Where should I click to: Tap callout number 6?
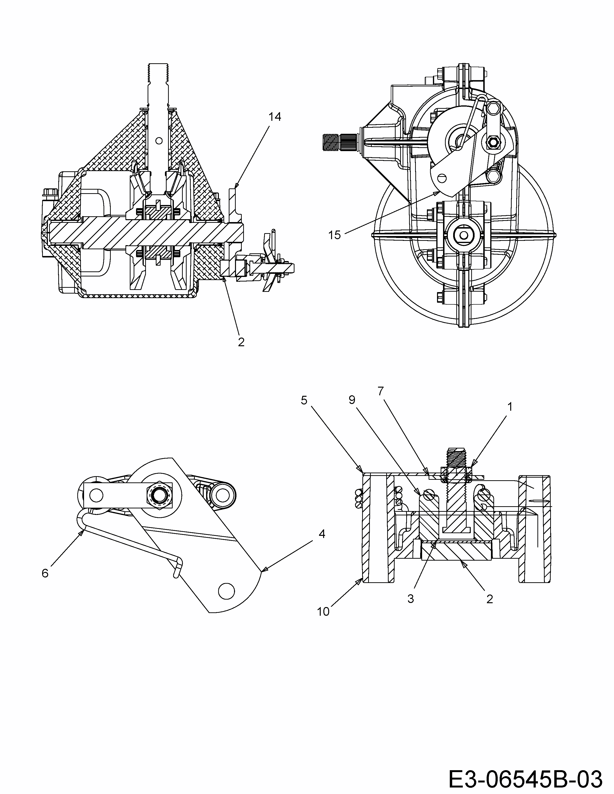tap(45, 573)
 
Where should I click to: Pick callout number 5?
tap(304, 400)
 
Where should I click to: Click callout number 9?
tap(351, 400)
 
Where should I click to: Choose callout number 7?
tap(380, 391)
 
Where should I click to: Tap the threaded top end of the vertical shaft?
tap(159, 75)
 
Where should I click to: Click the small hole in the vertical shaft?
tap(159, 140)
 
